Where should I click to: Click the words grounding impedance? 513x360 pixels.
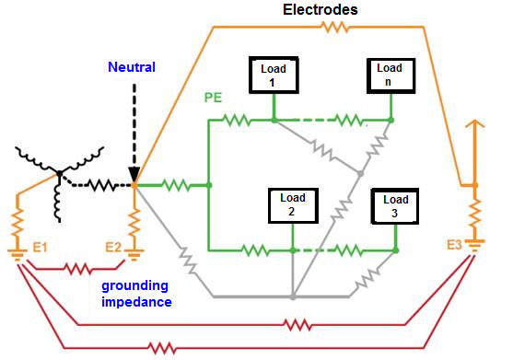tap(136, 292)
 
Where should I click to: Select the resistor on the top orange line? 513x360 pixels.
tap(332, 28)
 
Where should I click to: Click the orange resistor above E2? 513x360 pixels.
tap(134, 222)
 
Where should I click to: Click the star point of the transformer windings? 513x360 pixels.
tap(58, 172)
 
